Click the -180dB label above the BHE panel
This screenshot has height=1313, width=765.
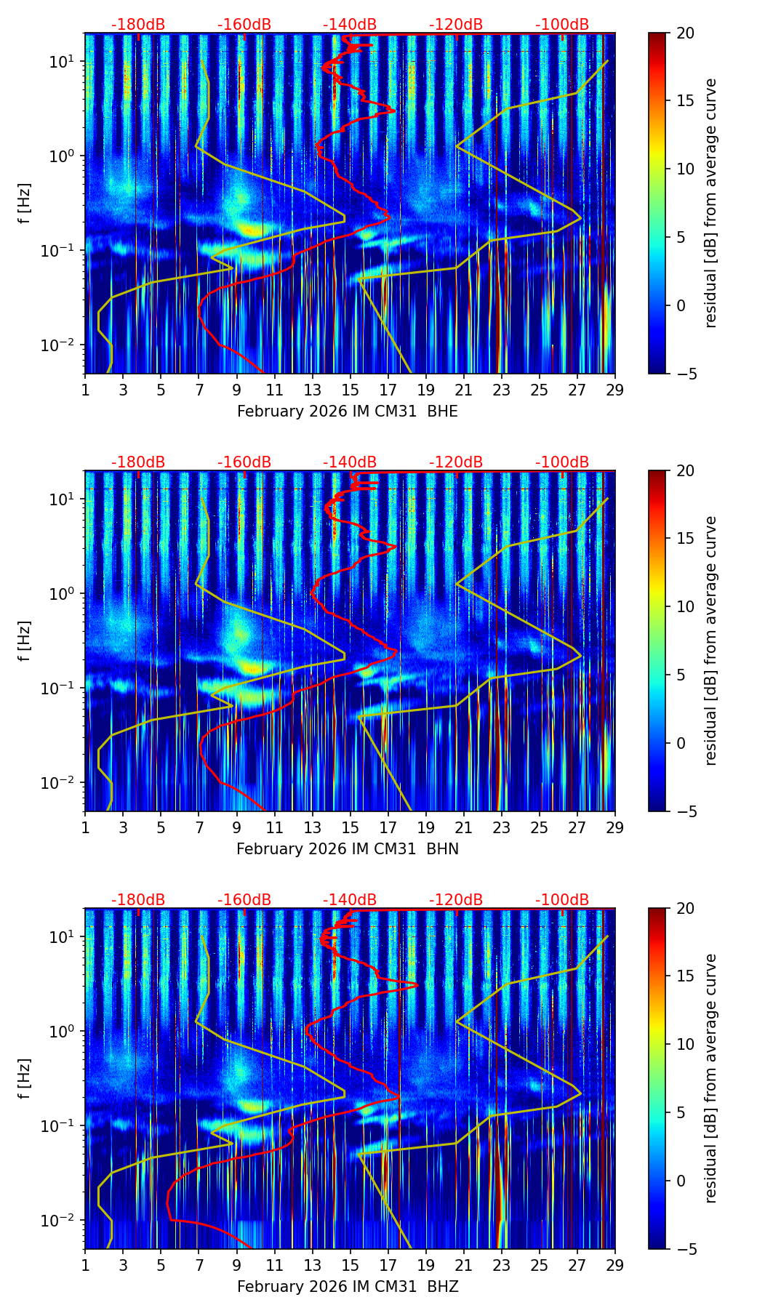point(138,25)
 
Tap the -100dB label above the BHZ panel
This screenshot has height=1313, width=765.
point(562,900)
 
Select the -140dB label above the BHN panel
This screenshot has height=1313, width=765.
point(350,462)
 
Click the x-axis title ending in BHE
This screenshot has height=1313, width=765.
point(348,411)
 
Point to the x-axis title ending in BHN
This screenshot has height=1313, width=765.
point(348,849)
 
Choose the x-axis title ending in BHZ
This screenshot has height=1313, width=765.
point(348,1287)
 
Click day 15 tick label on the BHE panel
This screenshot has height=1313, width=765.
point(350,390)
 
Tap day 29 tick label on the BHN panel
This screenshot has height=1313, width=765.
point(614,827)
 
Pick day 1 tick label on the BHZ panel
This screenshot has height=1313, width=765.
point(85,1265)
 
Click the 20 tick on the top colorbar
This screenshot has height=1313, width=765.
point(685,33)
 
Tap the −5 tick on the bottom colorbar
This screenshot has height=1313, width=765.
point(682,1249)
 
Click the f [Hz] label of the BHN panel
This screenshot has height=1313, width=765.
point(25,641)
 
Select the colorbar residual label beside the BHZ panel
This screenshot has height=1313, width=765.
point(710,1078)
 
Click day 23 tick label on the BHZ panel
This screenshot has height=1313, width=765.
point(501,1265)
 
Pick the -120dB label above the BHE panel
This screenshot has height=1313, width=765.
point(456,25)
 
